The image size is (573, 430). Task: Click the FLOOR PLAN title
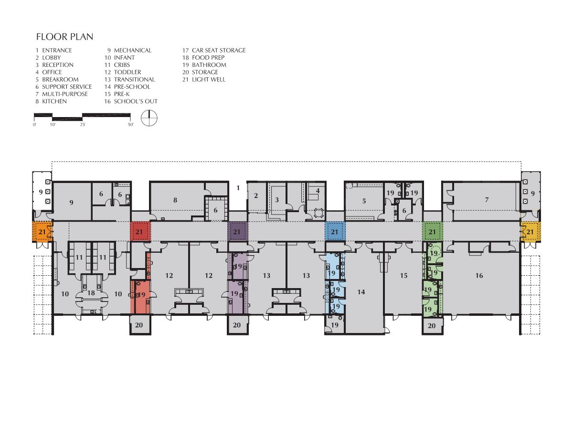[x=64, y=37]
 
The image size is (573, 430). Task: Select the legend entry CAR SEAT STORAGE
[x=219, y=50]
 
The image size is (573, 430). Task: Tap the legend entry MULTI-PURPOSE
[x=65, y=94]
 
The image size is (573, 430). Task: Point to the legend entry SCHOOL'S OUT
[x=136, y=101]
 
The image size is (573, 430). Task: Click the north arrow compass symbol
[x=149, y=118]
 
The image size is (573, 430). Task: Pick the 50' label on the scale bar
[x=130, y=125]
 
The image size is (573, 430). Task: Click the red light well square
[x=140, y=231]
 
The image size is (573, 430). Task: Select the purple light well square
[x=237, y=231]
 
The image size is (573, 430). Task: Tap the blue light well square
[x=335, y=231]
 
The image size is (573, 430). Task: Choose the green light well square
[x=432, y=231]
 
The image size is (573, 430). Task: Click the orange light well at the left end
[x=42, y=232]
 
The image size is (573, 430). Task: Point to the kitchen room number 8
[x=175, y=200]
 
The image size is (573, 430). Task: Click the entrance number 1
[x=238, y=188]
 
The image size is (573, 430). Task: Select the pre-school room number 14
[x=361, y=292]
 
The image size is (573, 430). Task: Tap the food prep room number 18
[x=91, y=293]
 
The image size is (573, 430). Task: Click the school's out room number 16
[x=479, y=276]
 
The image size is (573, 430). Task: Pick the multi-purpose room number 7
[x=487, y=200]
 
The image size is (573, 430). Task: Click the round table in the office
[x=318, y=213]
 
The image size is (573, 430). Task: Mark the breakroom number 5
[x=364, y=201]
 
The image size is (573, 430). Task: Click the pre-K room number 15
[x=403, y=276]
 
